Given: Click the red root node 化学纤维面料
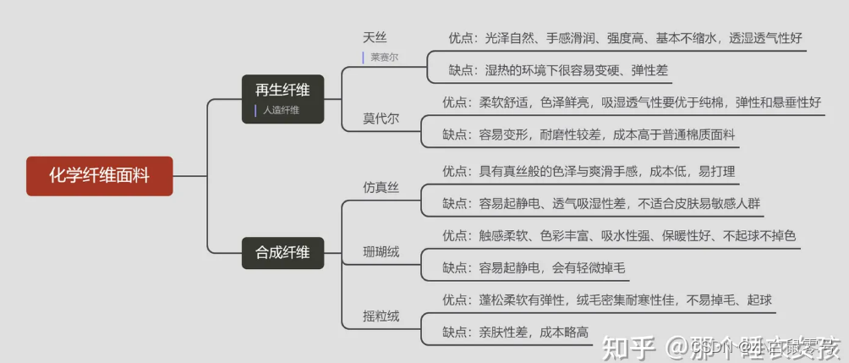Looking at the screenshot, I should [x=99, y=176].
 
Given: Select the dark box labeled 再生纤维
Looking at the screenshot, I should [x=282, y=91].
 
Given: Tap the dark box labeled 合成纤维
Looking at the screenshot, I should [x=282, y=251].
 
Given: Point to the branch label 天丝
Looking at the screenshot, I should [x=375, y=38].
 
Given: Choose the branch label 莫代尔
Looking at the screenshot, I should [x=381, y=118].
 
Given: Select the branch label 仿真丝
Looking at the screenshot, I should [x=381, y=187].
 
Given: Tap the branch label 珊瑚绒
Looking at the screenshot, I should [x=381, y=252].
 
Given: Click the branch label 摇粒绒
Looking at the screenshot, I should [x=381, y=316].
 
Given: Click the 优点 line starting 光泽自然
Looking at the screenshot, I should [x=625, y=38].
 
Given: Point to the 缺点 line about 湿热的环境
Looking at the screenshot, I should [x=558, y=70].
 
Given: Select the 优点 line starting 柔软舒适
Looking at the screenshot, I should [x=631, y=102].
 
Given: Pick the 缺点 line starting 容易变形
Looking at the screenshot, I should [x=589, y=135].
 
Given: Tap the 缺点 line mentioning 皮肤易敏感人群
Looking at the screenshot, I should [x=600, y=203].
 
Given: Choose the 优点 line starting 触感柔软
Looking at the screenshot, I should [x=618, y=235].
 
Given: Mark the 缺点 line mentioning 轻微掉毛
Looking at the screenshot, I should [x=534, y=268].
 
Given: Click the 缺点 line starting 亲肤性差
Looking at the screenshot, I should [x=515, y=333].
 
